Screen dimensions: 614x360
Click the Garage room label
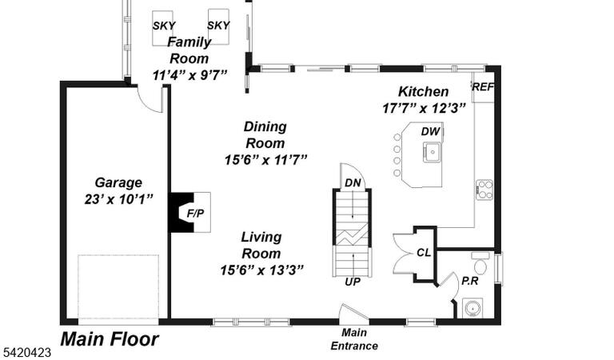point(118,182)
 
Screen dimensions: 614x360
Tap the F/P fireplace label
point(195,214)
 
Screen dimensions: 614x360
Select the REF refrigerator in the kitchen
point(483,87)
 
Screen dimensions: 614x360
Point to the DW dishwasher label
point(430,132)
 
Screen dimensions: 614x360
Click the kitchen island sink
point(432,152)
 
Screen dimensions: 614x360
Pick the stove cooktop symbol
point(484,190)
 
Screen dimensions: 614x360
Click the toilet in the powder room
point(480,264)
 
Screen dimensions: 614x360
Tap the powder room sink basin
point(472,308)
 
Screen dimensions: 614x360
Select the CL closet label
point(423,253)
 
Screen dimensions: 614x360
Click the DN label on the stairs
point(353,183)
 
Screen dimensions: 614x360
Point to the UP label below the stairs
point(353,282)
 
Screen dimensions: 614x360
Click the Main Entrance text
point(354,339)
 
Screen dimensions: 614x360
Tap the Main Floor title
point(110,339)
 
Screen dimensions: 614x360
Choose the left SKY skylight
point(163,28)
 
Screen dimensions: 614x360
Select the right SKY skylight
point(218,26)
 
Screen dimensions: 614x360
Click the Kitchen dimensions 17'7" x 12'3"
point(424,108)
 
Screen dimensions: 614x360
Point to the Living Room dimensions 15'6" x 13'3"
point(261,270)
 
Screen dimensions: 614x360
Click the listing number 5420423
point(26,353)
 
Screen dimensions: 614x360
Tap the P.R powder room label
point(469,281)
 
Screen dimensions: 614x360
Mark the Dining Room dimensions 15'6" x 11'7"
point(266,160)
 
